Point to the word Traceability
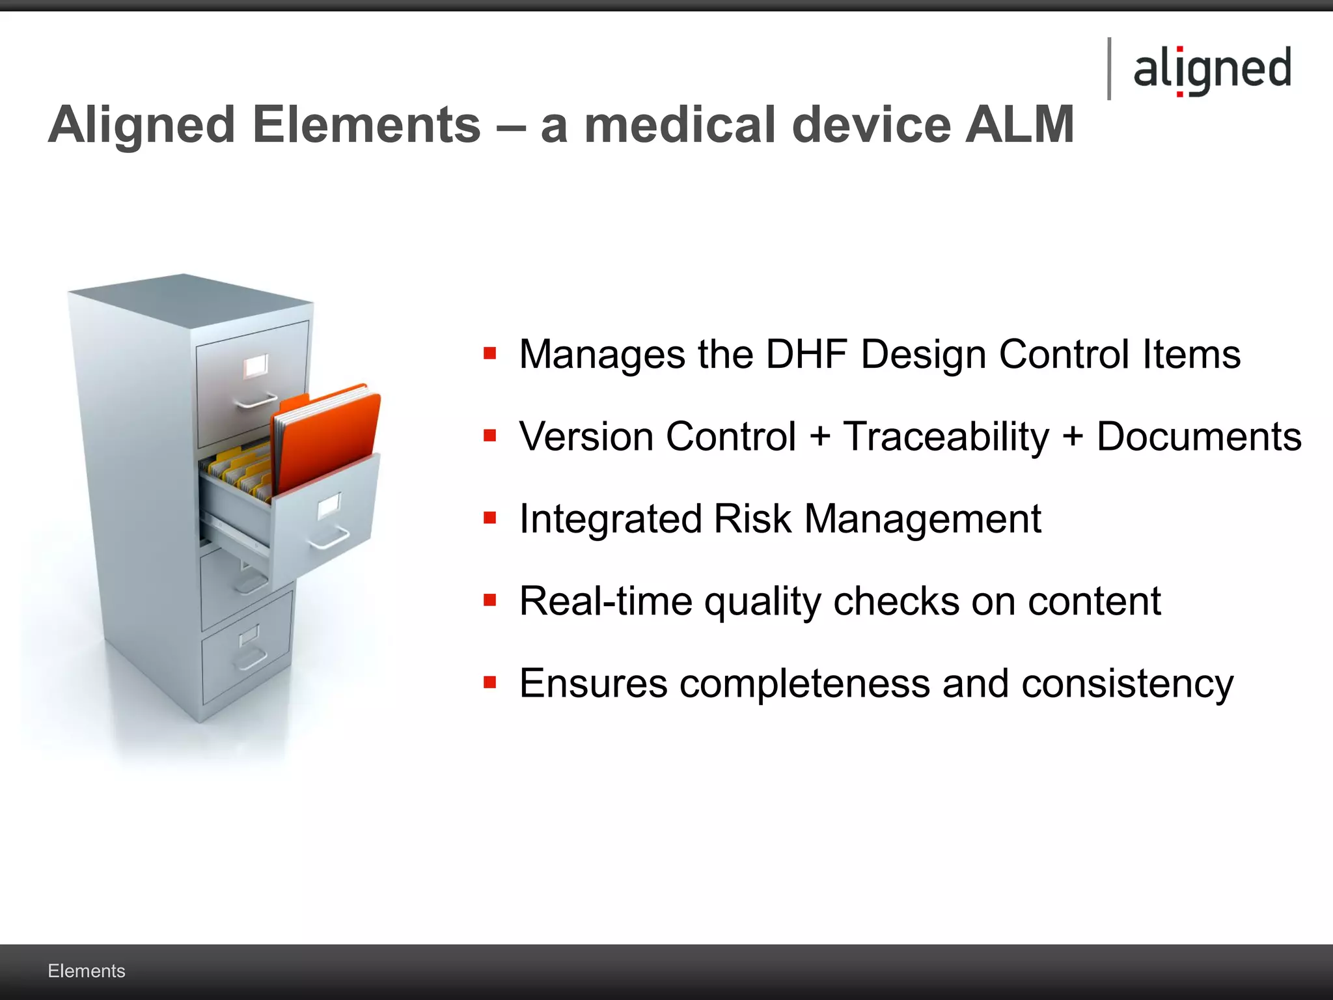[x=946, y=436]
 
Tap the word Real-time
[x=605, y=601]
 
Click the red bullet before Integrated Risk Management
[x=490, y=518]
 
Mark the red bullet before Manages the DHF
[x=490, y=354]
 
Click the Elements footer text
[x=87, y=971]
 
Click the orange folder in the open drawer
[x=329, y=436]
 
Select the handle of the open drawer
[x=329, y=539]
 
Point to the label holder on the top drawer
[x=256, y=367]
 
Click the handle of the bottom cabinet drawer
[x=250, y=660]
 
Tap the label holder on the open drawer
[x=329, y=506]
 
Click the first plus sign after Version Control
[x=819, y=436]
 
